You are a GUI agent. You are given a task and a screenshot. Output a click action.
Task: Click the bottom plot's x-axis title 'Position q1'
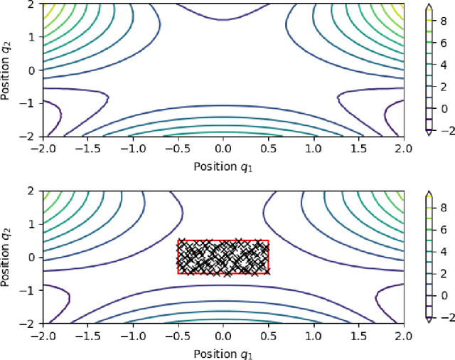click(223, 354)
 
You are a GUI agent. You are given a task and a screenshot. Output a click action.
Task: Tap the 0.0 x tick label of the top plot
click(223, 150)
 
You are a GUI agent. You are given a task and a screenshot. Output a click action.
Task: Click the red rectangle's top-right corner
click(269, 241)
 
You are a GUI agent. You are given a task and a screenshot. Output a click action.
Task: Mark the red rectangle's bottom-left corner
click(178, 273)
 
